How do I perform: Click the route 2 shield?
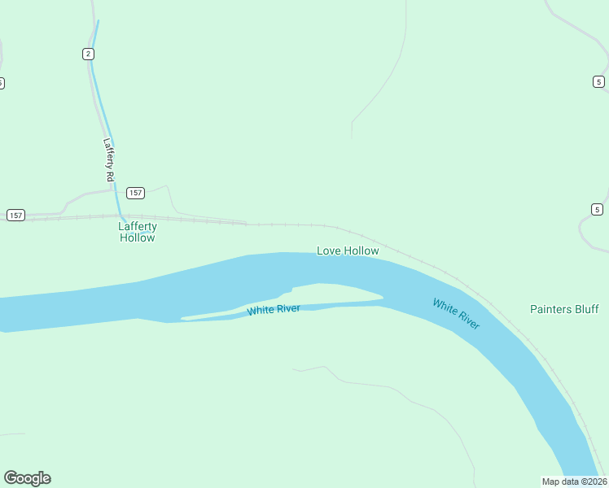[88, 54]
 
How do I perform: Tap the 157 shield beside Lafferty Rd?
[135, 193]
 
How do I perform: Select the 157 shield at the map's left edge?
[15, 215]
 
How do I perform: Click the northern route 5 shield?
[598, 81]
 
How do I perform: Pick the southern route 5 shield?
[597, 209]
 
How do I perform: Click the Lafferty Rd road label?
[108, 159]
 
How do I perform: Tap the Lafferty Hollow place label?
[137, 232]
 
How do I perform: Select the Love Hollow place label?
[348, 251]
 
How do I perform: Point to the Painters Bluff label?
[564, 309]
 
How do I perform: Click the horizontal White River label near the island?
[274, 310]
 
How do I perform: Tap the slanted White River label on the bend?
[456, 314]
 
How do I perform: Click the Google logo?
[27, 478]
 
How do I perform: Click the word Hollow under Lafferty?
[137, 237]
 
